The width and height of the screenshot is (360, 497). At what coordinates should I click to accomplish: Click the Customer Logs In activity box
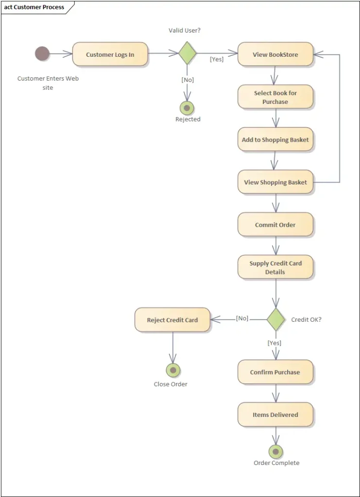coord(110,54)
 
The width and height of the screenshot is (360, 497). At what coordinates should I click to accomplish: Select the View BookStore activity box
coord(275,54)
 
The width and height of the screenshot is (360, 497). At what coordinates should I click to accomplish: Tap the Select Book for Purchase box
coord(275,97)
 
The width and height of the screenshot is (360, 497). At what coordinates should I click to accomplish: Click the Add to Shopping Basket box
coord(275,140)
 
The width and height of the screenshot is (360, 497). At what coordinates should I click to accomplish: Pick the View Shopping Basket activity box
coord(275,182)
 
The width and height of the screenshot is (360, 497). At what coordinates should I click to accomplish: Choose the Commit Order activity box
coord(275,225)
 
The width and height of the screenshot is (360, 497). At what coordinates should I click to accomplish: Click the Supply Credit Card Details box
coord(275,267)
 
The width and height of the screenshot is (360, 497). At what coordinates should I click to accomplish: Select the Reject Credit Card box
coord(172,320)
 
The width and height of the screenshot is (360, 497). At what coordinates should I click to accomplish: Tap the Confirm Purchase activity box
coord(275,372)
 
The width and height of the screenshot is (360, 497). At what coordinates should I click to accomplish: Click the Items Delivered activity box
coord(275,415)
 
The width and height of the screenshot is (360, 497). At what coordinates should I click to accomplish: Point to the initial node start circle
coord(42,54)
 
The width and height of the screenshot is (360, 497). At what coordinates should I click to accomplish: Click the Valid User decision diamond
coord(187,53)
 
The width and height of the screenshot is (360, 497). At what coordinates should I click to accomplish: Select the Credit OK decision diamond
coord(275,319)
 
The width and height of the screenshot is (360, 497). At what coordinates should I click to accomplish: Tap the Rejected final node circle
coord(187,108)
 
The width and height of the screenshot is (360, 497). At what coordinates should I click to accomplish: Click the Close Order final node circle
coord(173,371)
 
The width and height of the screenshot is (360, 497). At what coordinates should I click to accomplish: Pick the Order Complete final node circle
coord(275,451)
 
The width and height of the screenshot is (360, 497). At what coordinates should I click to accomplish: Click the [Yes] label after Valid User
coord(217,59)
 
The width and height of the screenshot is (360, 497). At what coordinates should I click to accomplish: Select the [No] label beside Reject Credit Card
coord(242,318)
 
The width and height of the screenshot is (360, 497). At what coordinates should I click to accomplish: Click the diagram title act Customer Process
coord(34,7)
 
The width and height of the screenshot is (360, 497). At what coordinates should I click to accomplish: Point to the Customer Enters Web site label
coord(48,83)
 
